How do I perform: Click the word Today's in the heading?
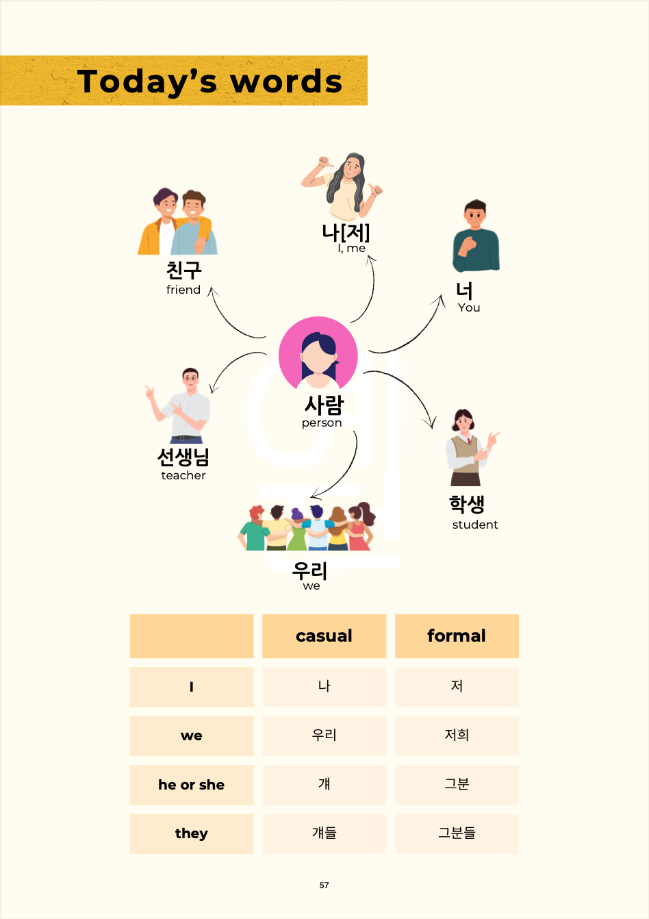tap(147, 82)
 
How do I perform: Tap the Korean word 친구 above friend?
tap(183, 270)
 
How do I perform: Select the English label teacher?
tap(183, 475)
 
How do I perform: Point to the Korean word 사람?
tap(324, 405)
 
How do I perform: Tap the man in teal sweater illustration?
tap(476, 237)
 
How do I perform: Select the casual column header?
tap(324, 636)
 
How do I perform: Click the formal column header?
tap(457, 636)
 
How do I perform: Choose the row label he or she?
tap(191, 785)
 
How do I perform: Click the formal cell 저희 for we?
tap(457, 735)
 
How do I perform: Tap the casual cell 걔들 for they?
tap(324, 833)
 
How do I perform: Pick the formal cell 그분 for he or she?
tap(457, 785)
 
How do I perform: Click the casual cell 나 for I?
tap(324, 686)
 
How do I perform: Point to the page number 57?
tap(324, 885)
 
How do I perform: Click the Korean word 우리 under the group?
tap(309, 570)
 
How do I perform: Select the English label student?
tap(475, 525)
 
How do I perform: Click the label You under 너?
tap(469, 307)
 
